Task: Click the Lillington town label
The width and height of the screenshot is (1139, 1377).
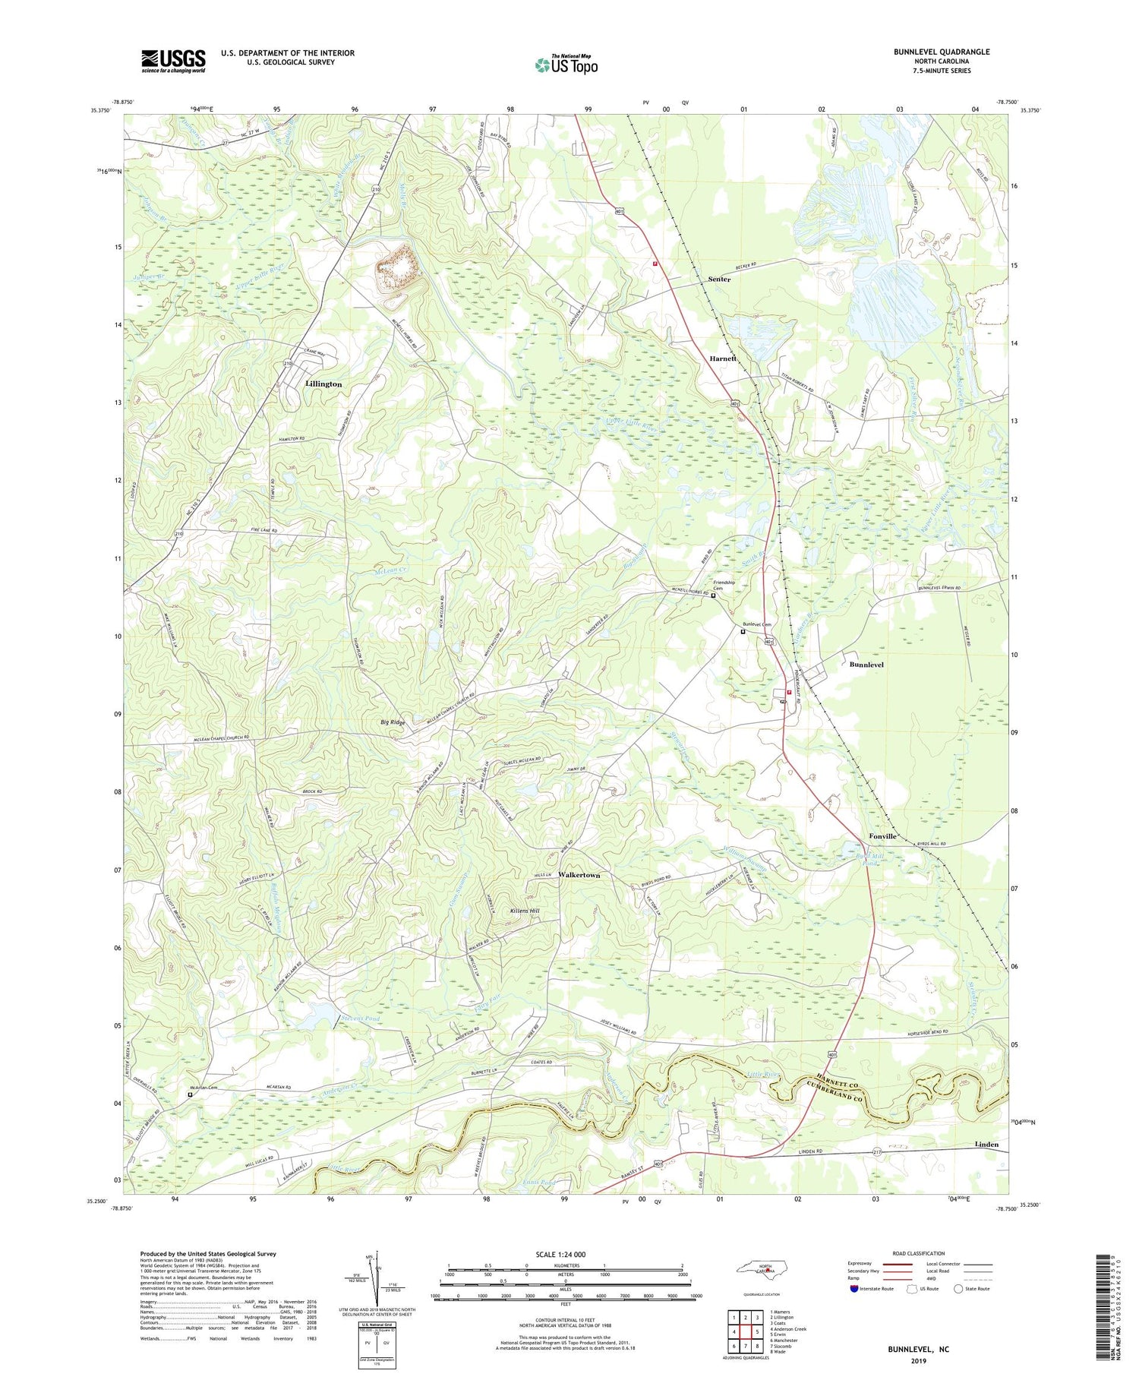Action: [x=323, y=384]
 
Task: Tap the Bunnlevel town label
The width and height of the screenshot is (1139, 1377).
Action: [x=866, y=665]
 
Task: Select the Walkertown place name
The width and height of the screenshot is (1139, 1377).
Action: [x=579, y=875]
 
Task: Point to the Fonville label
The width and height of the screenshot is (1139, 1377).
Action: [x=883, y=836]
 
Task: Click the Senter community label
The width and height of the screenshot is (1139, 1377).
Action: [x=719, y=280]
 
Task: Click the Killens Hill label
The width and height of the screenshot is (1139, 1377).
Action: [x=525, y=911]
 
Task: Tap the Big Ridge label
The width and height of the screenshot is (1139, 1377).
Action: [x=393, y=722]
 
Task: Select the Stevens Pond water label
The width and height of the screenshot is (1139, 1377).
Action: [x=360, y=1019]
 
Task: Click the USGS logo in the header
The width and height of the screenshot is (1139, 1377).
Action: [x=173, y=61]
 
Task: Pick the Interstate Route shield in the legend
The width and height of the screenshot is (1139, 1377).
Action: [x=855, y=1289]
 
